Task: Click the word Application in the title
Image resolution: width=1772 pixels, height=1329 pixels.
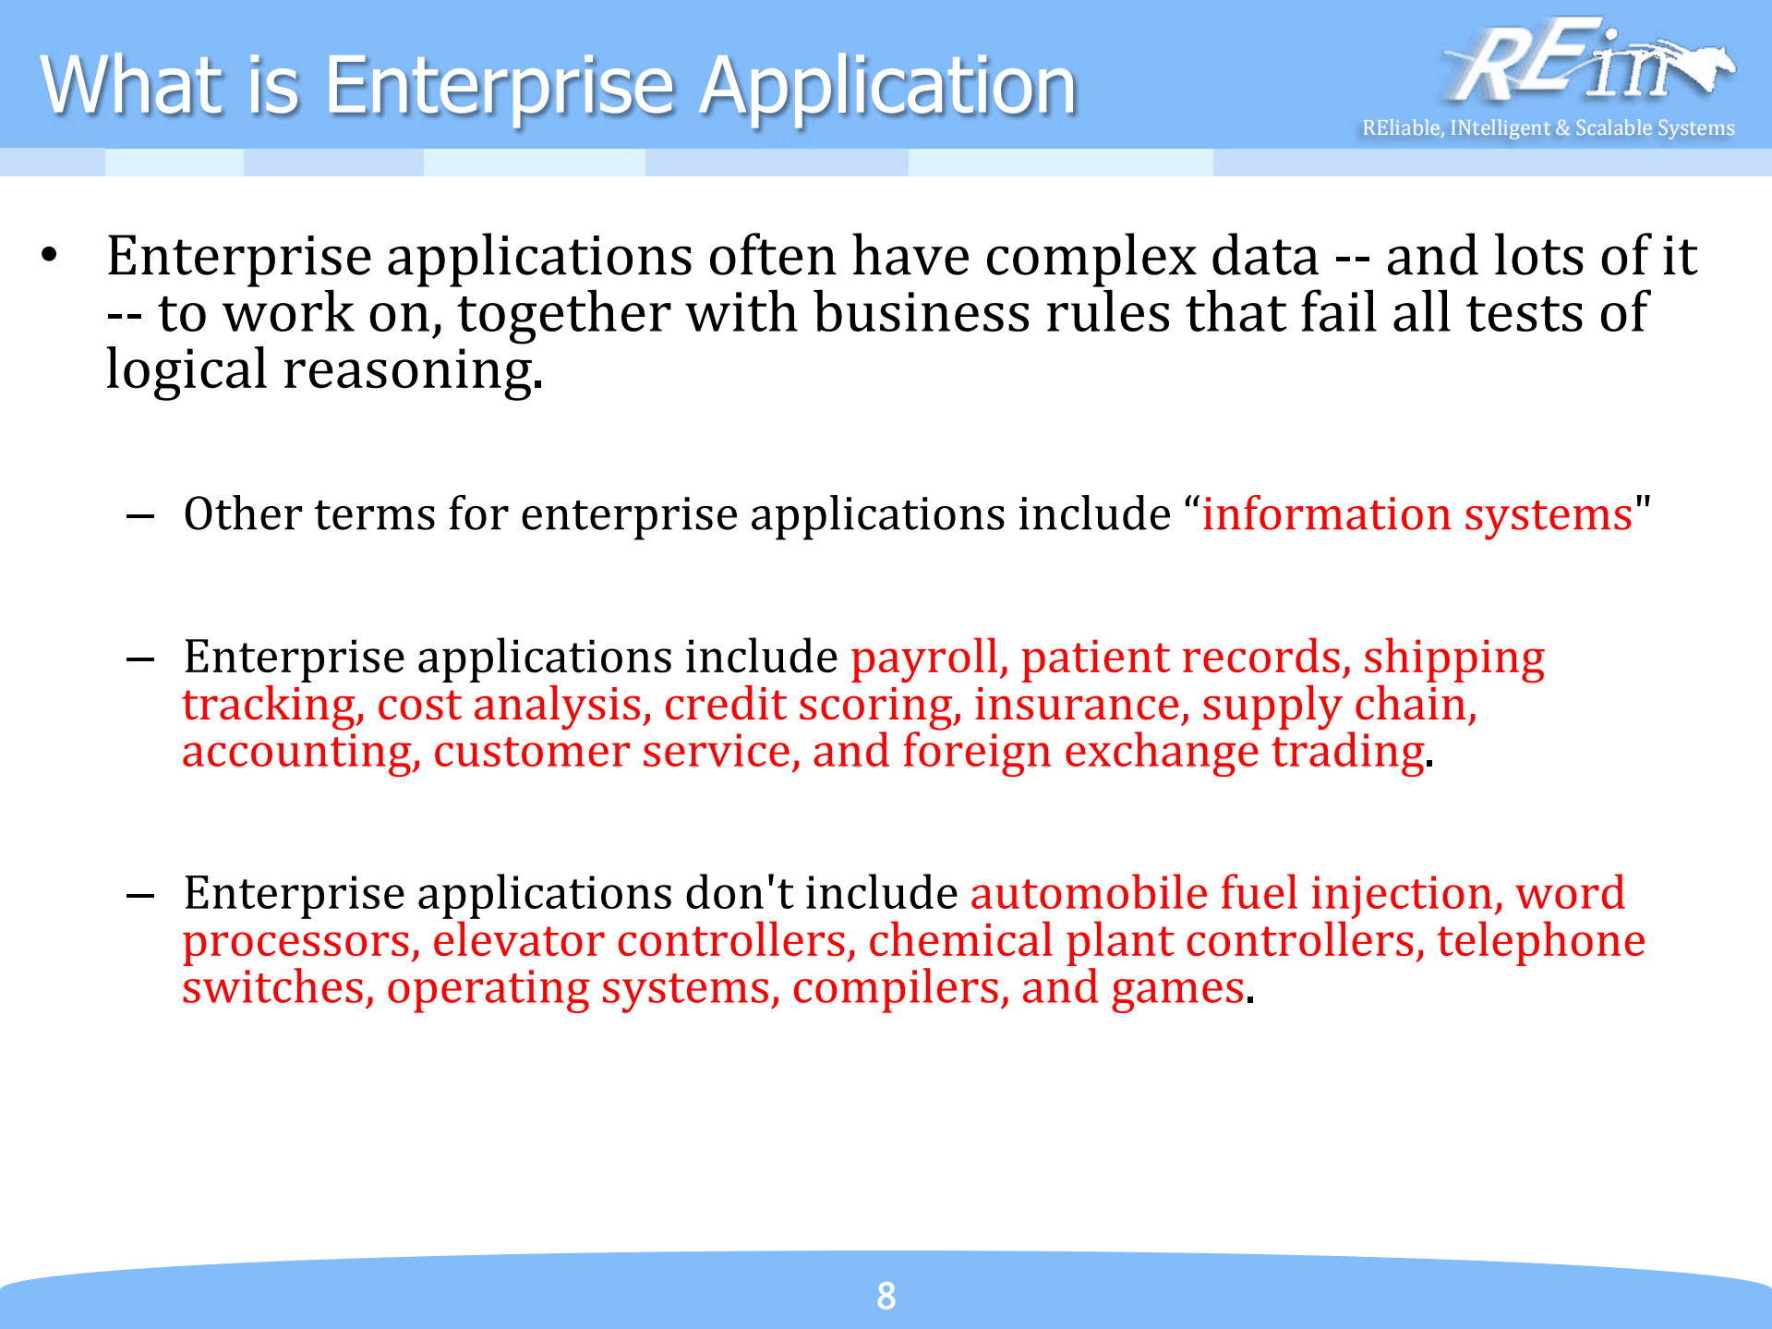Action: [887, 85]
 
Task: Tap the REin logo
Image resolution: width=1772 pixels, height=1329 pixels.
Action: [1586, 63]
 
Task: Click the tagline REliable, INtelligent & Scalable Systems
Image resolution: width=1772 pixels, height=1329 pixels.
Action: [1548, 127]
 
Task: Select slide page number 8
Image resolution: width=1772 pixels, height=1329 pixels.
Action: [886, 1296]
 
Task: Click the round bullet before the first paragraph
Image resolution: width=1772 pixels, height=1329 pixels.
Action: [50, 255]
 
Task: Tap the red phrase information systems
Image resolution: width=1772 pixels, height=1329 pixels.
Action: [1416, 513]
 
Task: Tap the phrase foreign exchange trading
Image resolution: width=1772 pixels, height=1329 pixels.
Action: [1163, 751]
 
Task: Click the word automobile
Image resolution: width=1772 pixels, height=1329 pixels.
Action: [1088, 893]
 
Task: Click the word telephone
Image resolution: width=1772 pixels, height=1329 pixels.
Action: [1540, 940]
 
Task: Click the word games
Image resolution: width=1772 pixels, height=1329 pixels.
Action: [1177, 987]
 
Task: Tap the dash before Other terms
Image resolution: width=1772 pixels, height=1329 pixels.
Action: [140, 514]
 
